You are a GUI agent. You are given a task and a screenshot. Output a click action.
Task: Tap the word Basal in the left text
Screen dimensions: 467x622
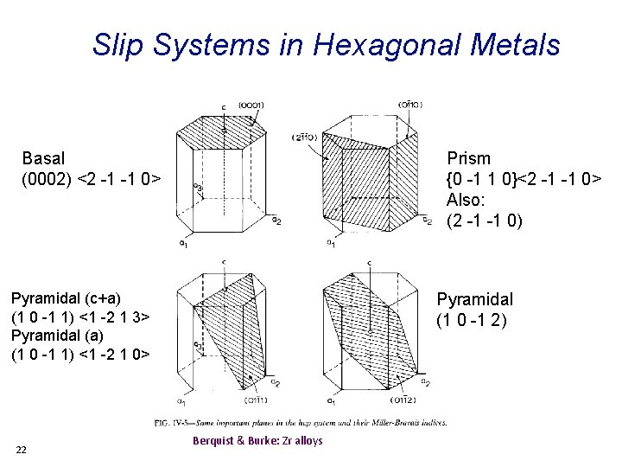pyautogui.click(x=43, y=158)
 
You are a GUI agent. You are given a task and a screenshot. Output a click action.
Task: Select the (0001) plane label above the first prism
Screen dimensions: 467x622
pyautogui.click(x=250, y=106)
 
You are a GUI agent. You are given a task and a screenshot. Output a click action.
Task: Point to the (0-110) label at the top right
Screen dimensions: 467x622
pyautogui.click(x=409, y=105)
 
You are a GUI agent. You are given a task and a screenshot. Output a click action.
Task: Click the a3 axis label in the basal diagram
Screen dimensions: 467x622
pyautogui.click(x=198, y=186)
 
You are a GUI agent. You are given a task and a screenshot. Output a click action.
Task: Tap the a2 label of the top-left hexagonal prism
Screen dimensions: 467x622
pyautogui.click(x=276, y=221)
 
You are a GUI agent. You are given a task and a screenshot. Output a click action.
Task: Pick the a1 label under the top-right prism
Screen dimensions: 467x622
pyautogui.click(x=330, y=242)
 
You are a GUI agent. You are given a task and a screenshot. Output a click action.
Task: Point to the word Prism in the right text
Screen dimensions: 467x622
pyautogui.click(x=468, y=158)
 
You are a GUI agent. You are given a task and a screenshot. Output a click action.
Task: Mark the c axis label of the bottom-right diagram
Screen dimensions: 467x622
pyautogui.click(x=370, y=262)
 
